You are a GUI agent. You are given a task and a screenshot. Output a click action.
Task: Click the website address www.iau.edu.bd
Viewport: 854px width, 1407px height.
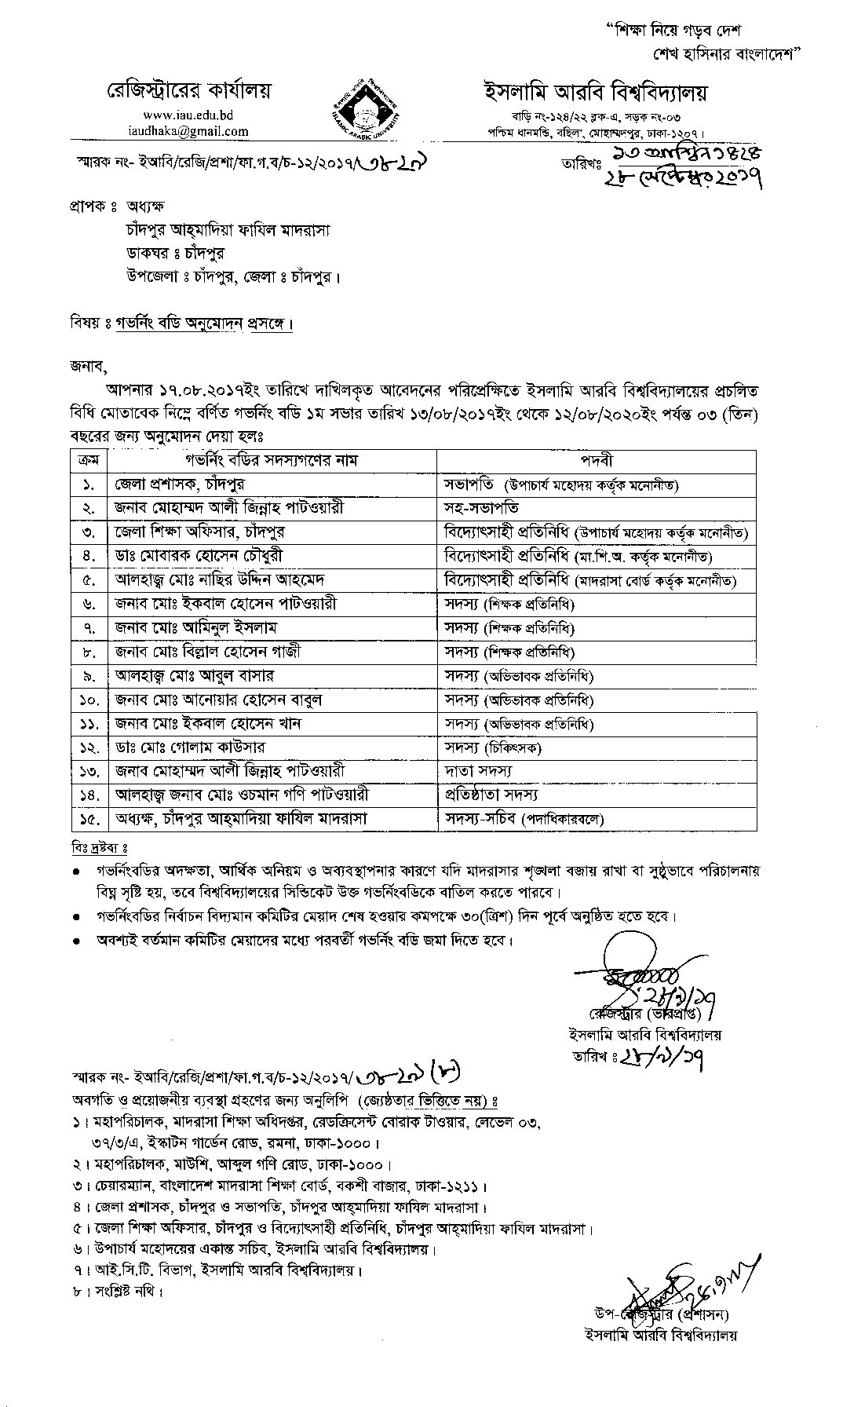(188, 115)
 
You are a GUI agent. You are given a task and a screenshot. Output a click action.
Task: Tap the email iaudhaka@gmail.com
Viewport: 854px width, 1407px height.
(188, 131)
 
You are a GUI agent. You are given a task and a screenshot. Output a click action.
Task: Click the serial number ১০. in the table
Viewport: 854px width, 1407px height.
(86, 700)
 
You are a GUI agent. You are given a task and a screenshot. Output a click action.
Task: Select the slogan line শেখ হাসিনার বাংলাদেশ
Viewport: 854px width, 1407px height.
(725, 55)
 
